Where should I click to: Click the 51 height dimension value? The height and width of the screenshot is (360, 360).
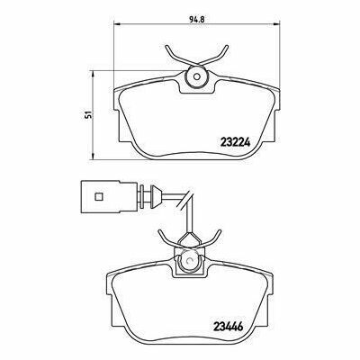click(x=87, y=114)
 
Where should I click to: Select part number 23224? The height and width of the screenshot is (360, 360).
click(x=235, y=141)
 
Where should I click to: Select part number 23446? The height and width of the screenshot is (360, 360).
click(x=228, y=325)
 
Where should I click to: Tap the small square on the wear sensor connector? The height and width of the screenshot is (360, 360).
click(x=99, y=197)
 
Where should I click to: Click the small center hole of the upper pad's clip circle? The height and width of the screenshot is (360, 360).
click(x=197, y=76)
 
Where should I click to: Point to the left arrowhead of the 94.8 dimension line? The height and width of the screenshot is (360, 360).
click(x=117, y=23)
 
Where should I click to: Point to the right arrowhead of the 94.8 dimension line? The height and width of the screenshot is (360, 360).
click(x=276, y=23)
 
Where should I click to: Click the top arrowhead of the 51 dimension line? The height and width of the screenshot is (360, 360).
click(x=94, y=74)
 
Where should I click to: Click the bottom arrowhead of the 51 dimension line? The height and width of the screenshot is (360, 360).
click(x=94, y=157)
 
